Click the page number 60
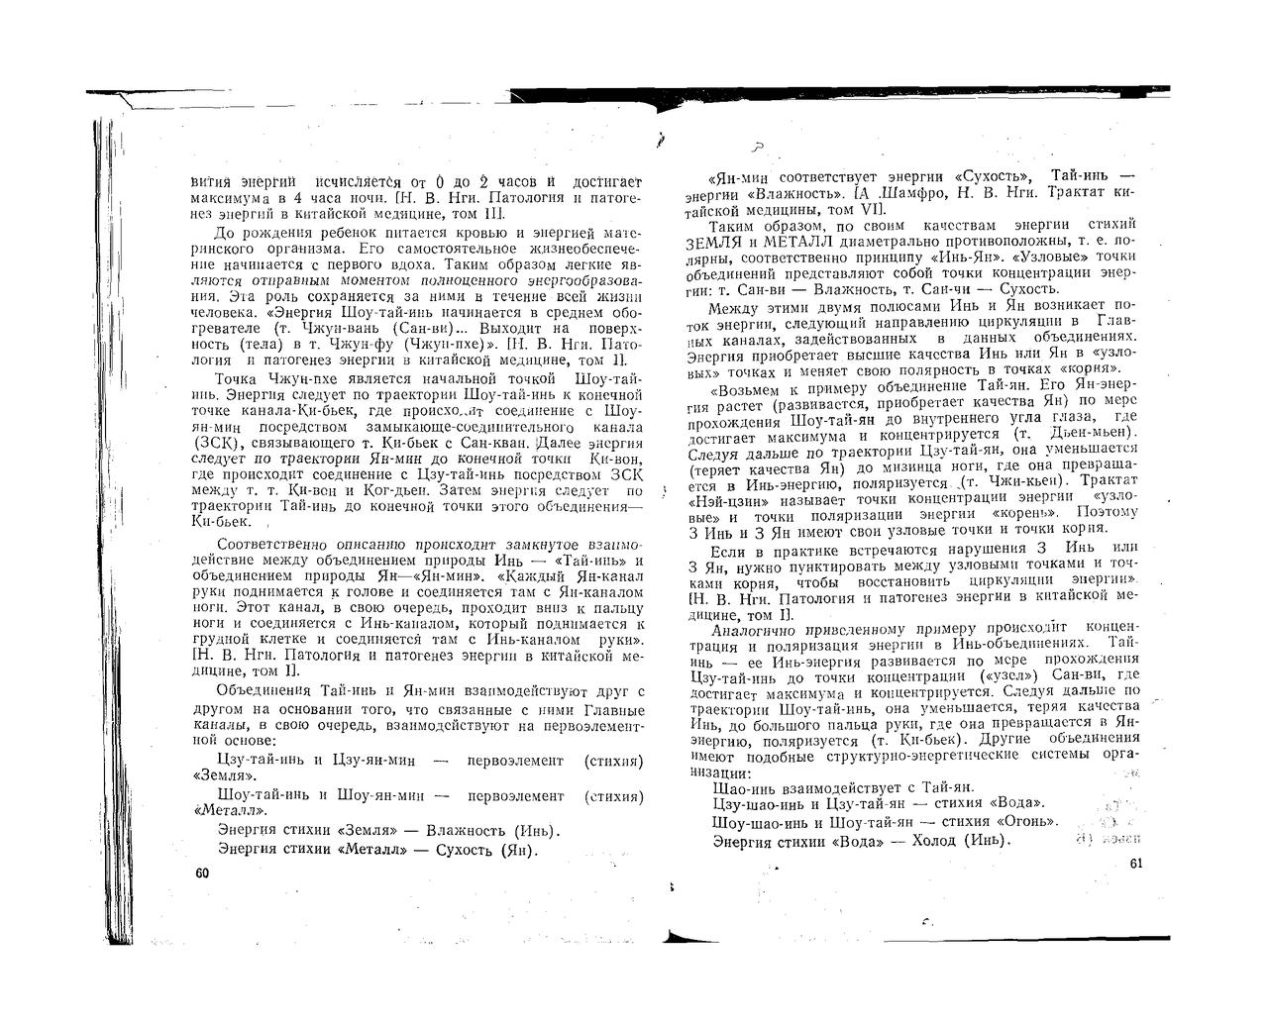pyautogui.click(x=203, y=873)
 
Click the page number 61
pyautogui.click(x=1136, y=865)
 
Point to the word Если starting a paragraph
pyautogui.click(x=728, y=549)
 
